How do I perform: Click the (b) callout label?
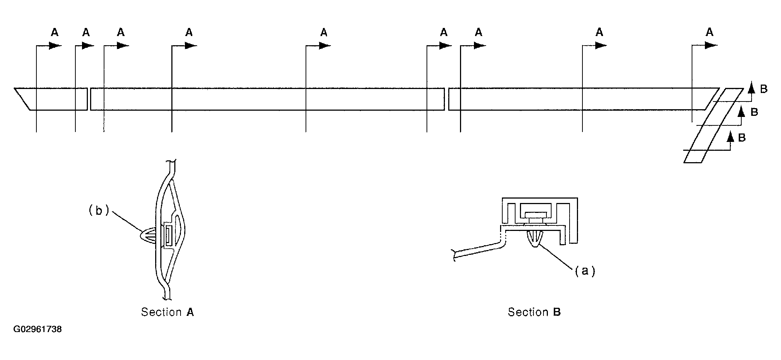pos(99,210)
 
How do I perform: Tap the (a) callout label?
pos(585,271)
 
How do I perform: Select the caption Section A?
pos(167,312)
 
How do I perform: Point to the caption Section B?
pos(534,312)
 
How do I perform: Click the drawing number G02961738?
pos(38,329)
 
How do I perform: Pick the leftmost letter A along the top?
pos(54,33)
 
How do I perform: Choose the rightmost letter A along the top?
pos(709,32)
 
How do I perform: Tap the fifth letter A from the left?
pos(324,33)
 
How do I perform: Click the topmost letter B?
pos(764,89)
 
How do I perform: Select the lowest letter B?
pos(742,138)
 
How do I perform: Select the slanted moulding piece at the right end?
pos(713,125)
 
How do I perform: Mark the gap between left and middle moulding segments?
pos(89,99)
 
